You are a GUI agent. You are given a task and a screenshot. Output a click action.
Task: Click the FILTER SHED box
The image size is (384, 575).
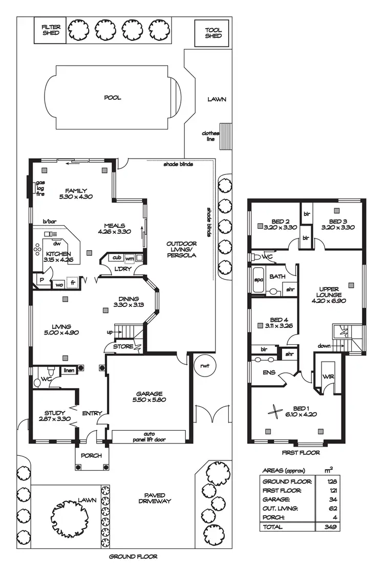51,30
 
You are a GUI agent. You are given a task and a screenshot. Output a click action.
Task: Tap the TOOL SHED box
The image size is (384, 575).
213,33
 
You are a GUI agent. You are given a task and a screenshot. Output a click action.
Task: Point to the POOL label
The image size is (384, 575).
113,97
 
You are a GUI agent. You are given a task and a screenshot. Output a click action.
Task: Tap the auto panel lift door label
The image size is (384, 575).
148,436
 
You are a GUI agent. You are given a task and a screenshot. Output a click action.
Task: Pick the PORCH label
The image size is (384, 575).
92,456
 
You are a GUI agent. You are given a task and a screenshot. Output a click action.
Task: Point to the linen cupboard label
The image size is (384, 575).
69,370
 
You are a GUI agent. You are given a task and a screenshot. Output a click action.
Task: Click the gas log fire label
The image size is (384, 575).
40,189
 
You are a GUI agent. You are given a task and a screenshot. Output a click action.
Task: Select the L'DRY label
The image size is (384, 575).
122,269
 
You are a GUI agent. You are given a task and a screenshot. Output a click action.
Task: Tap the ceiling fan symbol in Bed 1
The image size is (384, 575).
275,412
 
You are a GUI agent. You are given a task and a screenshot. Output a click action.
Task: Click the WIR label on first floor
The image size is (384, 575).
328,377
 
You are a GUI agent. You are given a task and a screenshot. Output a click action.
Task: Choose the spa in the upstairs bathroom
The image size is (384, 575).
258,280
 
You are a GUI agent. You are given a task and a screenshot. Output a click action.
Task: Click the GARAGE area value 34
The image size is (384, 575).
331,499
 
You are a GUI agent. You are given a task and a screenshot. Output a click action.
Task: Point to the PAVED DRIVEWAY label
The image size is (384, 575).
155,498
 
